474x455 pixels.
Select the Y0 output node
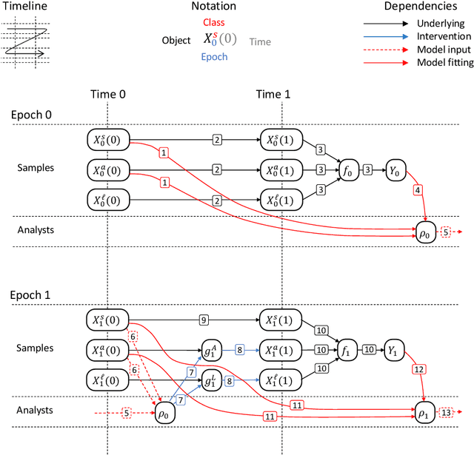pyautogui.click(x=395, y=169)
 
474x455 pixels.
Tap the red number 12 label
pyautogui.click(x=419, y=369)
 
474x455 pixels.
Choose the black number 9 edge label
pyautogui.click(x=202, y=320)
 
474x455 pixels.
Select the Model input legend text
pyautogui.click(x=444, y=50)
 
